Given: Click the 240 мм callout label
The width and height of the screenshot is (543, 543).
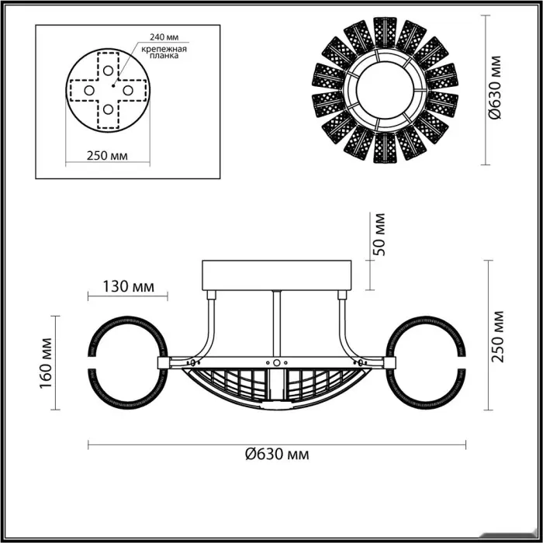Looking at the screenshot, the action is pos(164,37).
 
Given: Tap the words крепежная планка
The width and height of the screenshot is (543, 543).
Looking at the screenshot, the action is pos(164,52).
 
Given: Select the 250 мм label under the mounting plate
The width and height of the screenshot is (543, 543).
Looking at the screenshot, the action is pos(107,156).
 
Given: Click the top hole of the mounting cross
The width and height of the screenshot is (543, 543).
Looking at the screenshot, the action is pos(108,71).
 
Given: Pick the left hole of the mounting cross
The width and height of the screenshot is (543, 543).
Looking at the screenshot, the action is pos(89,91).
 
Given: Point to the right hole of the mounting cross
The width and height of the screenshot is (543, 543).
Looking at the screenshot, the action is pos(128,91).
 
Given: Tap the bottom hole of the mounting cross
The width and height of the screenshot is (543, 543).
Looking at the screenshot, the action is pos(108,109).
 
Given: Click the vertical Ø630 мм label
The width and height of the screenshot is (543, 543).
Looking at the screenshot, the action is pos(495,87).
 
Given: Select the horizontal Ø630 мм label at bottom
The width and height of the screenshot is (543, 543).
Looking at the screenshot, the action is pos(277,454).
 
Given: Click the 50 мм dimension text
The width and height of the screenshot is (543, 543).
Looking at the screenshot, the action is pos(379,234).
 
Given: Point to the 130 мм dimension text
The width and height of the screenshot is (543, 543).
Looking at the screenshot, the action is pos(129,286).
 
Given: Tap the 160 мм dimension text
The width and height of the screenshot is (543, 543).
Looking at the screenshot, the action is pos(47,363).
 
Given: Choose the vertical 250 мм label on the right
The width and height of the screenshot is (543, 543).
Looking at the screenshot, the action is pos(498,337).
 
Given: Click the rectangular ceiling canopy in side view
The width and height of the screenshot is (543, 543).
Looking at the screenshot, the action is pos(277,275).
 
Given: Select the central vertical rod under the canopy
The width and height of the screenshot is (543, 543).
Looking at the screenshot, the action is pos(277,323).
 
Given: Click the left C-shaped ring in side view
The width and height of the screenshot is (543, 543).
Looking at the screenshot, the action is pos(129,363).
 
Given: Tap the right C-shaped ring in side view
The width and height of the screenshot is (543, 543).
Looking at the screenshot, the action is pos(426,363).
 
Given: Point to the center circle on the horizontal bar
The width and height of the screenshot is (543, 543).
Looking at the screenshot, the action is pos(277,362).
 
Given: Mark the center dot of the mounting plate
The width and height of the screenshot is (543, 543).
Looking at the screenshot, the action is pos(113,85).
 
